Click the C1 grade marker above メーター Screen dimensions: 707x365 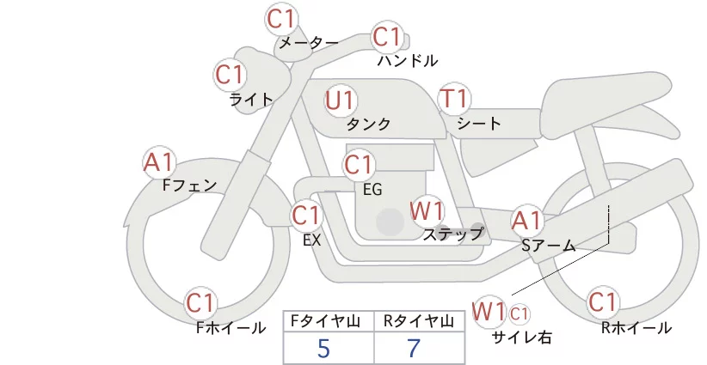[280, 19]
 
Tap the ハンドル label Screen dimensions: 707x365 [408, 60]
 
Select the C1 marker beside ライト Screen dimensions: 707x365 [230, 75]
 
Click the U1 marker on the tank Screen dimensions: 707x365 [341, 100]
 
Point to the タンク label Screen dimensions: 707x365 [368, 124]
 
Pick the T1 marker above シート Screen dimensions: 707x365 [454, 99]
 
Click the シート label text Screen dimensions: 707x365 [479, 123]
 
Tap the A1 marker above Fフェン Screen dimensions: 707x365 [159, 162]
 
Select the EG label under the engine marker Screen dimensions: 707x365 [372, 190]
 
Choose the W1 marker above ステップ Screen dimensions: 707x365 [427, 210]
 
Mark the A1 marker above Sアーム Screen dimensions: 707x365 [526, 221]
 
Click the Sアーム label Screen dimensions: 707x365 [548, 246]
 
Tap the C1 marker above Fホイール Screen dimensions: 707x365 [200, 303]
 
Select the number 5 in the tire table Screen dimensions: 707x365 [323, 348]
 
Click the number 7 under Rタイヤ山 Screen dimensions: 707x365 [414, 348]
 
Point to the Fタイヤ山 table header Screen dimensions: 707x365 [325, 321]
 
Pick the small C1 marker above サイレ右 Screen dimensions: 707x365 [519, 313]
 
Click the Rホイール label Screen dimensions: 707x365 [636, 328]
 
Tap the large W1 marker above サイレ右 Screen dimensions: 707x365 [489, 311]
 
